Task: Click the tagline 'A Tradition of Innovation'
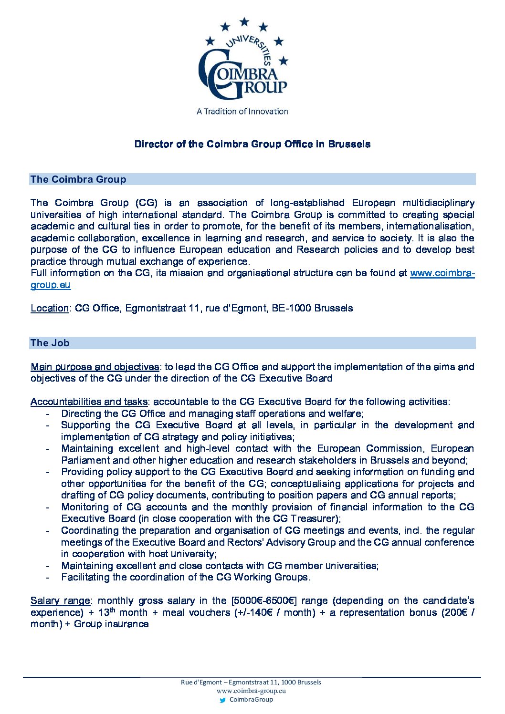[x=242, y=112]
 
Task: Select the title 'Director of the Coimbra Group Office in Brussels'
[x=252, y=144]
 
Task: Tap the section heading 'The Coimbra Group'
[x=78, y=179]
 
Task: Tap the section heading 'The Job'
[x=50, y=343]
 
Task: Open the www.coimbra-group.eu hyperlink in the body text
[x=442, y=273]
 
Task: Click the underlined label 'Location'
[x=50, y=308]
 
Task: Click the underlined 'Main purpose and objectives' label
[x=95, y=367]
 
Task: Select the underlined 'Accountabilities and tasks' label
[x=89, y=402]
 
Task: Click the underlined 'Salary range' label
[x=60, y=600]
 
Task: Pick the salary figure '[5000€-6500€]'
[x=264, y=600]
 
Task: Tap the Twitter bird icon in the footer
[x=222, y=700]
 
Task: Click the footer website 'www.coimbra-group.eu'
[x=251, y=691]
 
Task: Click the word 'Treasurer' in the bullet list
[x=313, y=518]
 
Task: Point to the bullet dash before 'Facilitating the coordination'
[x=48, y=578]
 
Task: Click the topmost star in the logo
[x=244, y=21]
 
